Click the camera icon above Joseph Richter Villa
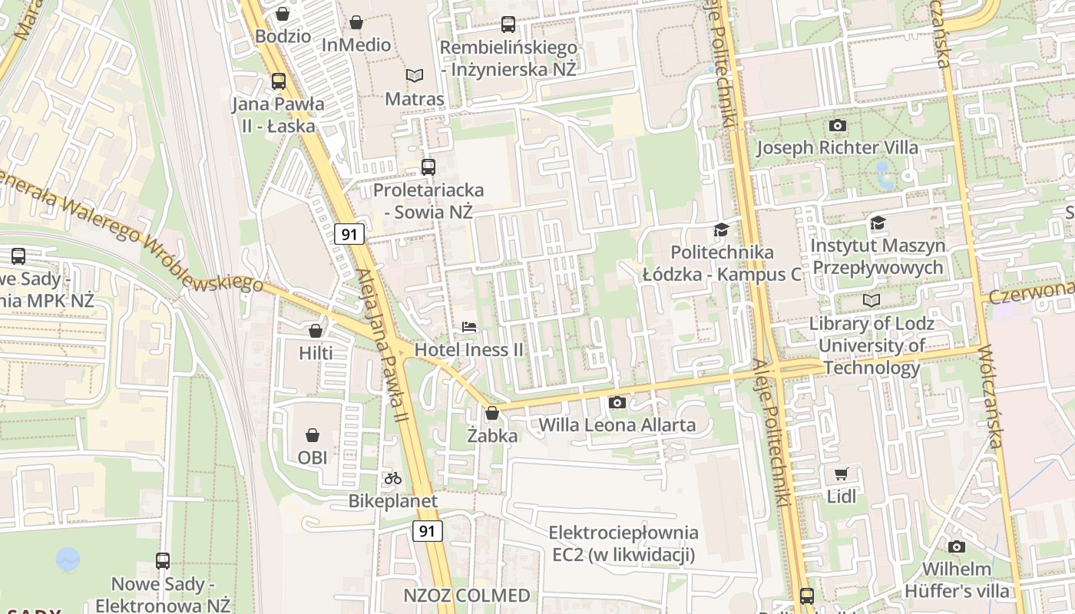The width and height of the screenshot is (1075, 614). coord(838,125)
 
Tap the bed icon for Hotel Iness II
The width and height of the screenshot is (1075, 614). coord(469,327)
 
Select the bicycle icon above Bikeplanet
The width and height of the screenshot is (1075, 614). coord(393,478)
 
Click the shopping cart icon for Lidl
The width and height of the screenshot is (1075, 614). coord(842,474)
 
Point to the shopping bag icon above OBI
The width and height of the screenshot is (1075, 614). coord(313,435)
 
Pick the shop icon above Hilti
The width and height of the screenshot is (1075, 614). coord(316,331)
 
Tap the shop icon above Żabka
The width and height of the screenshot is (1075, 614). coord(492,413)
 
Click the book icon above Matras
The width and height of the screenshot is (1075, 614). coord(415,75)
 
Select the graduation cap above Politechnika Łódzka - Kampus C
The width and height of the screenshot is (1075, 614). coord(721,229)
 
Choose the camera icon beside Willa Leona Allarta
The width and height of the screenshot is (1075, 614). coord(617,402)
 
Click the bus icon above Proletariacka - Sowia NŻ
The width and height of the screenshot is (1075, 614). coord(428,167)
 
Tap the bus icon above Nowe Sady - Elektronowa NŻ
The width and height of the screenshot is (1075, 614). coord(163,560)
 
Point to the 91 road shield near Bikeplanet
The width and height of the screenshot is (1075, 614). coord(428,530)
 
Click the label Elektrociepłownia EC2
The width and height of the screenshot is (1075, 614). coord(623,543)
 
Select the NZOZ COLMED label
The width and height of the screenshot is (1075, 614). coord(467,596)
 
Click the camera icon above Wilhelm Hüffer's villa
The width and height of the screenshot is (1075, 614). coord(956,546)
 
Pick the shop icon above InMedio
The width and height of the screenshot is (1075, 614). coord(356,23)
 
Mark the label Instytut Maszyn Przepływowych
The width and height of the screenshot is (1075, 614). coord(878,256)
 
